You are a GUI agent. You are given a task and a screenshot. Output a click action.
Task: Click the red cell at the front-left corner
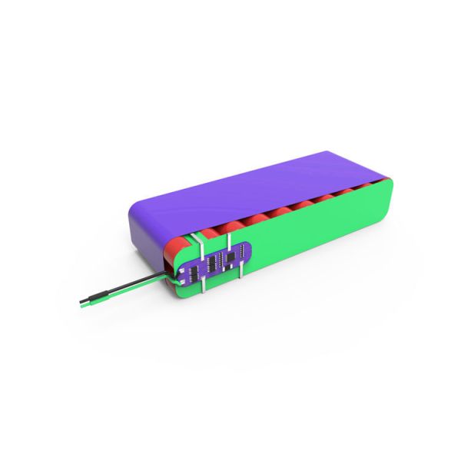coord(172,250)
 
